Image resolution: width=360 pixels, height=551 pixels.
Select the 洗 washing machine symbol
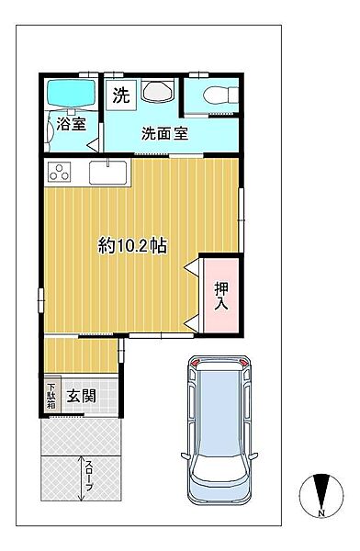pyautogui.click(x=121, y=94)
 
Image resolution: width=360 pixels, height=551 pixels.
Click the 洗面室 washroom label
pyautogui.click(x=164, y=133)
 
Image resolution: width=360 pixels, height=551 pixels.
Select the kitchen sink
pyautogui.click(x=110, y=172)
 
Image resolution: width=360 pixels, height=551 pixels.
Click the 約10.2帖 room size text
pyautogui.click(x=132, y=245)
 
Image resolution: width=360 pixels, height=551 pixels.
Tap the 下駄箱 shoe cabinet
pyautogui.click(x=51, y=395)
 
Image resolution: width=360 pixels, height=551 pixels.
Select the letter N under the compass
pyautogui.click(x=321, y=511)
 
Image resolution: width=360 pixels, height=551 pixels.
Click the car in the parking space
pyautogui.click(x=219, y=428)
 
